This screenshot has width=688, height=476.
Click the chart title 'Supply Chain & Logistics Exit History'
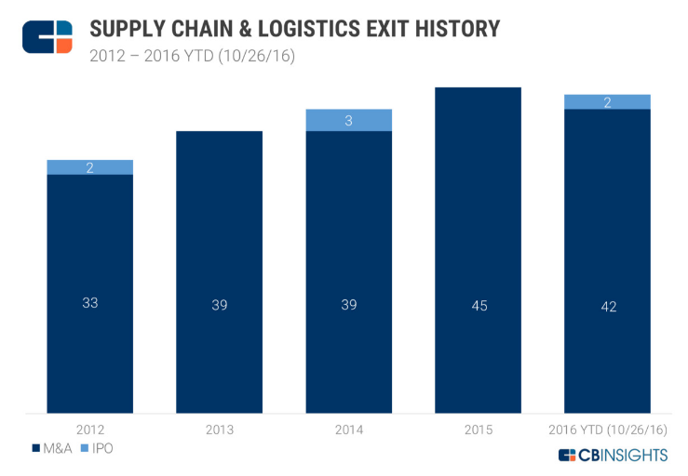click(x=294, y=28)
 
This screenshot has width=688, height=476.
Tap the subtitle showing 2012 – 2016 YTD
click(x=192, y=57)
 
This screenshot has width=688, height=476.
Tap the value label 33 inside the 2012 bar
click(x=90, y=304)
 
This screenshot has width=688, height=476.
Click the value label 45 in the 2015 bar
click(x=478, y=304)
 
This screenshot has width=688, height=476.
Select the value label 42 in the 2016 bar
click(x=607, y=304)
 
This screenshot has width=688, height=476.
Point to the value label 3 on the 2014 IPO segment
click(x=348, y=120)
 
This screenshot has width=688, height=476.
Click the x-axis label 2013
click(x=220, y=430)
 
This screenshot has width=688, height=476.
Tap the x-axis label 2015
click(x=478, y=430)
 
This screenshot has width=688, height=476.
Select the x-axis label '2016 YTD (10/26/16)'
click(x=607, y=430)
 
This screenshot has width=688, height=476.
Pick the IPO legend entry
click(x=101, y=448)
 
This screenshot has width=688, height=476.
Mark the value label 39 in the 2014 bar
click(x=348, y=304)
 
